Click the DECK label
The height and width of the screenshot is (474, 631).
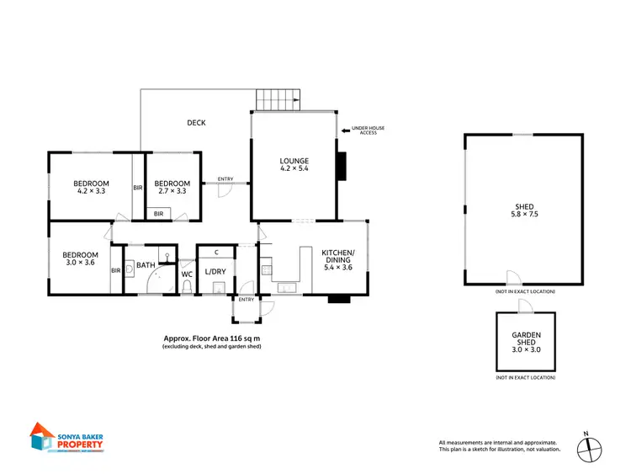(196, 123)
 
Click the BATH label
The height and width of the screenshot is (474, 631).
(146, 265)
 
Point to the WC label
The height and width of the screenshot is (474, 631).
(187, 273)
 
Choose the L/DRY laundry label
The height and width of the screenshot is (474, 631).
(216, 271)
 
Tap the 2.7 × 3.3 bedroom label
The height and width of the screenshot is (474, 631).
(172, 188)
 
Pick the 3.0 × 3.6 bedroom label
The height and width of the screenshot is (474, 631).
(81, 259)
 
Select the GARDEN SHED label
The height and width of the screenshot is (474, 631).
(526, 340)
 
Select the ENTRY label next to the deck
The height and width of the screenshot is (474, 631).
(225, 178)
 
